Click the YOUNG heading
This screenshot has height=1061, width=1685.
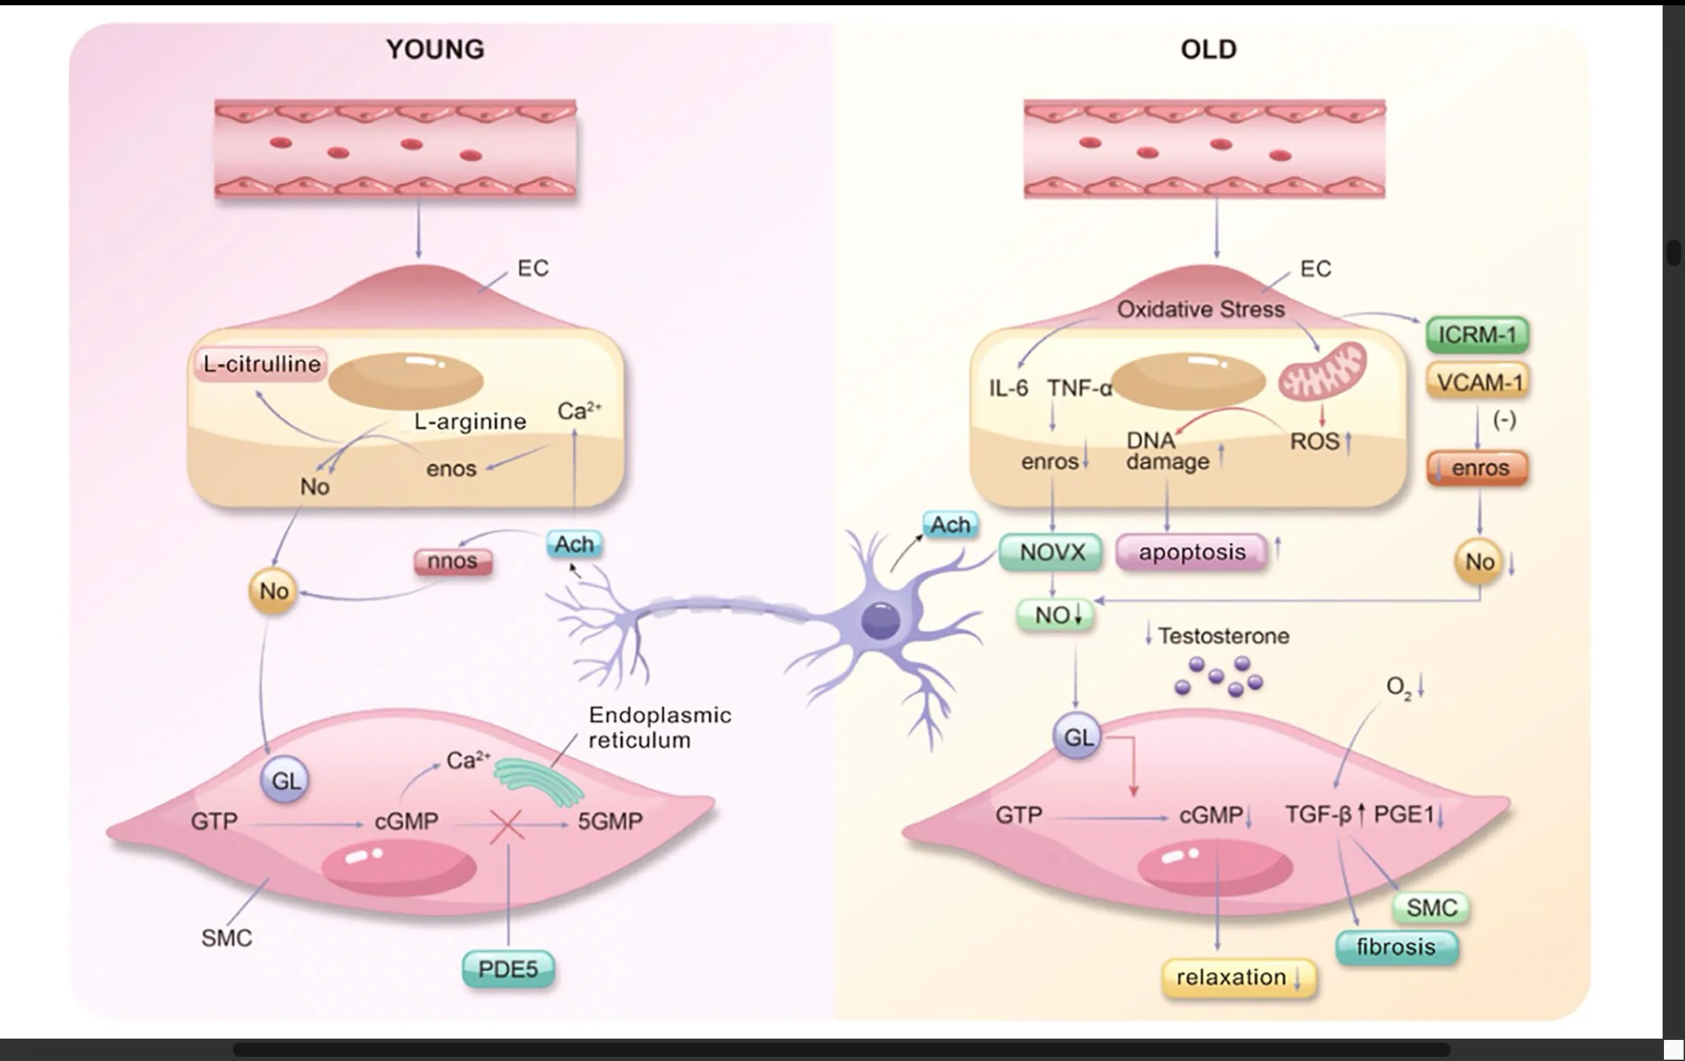tap(435, 49)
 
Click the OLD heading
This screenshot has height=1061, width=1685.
tap(1208, 49)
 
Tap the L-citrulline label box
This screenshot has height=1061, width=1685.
tap(261, 364)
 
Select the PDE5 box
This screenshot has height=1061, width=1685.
tap(508, 970)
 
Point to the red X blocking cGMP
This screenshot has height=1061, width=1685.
tap(507, 826)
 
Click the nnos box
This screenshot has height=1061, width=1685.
tap(453, 561)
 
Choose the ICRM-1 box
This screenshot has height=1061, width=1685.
tap(1477, 334)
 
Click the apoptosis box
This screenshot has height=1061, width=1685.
tap(1191, 552)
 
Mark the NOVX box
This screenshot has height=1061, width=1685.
tap(1052, 552)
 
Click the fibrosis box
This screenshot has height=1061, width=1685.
tap(1396, 947)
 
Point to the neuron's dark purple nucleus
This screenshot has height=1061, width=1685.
tap(880, 621)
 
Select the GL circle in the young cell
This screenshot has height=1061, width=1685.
tap(285, 781)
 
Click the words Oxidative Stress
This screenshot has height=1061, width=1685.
tap(1201, 309)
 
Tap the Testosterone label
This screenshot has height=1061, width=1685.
tap(1223, 635)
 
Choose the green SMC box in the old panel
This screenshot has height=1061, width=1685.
tap(1431, 908)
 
